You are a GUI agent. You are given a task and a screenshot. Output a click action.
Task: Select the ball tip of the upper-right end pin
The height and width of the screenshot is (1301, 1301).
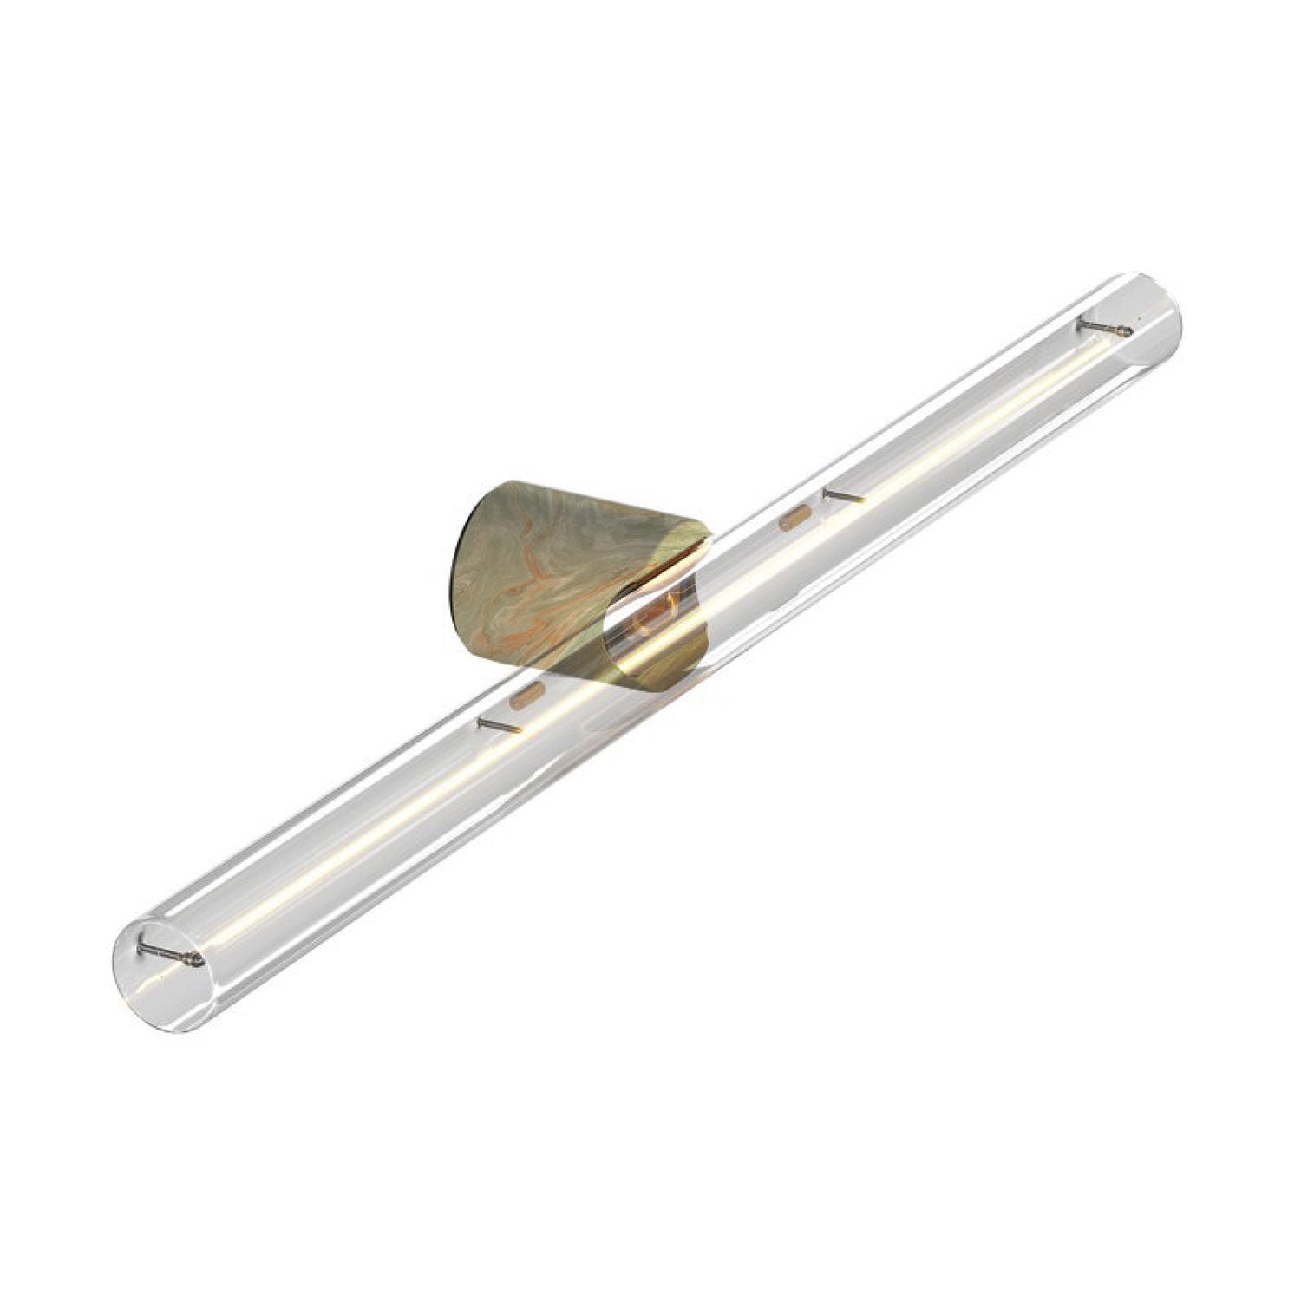click(1126, 330)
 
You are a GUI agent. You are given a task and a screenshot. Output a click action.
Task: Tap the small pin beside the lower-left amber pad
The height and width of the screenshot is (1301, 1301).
click(495, 724)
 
